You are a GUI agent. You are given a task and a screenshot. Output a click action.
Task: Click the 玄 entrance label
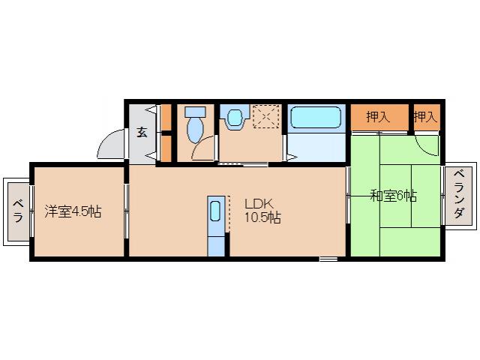pos(142,132)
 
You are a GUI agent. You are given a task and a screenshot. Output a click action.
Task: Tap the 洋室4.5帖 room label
pos(73,211)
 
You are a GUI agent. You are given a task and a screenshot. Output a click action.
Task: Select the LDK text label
pos(259,203)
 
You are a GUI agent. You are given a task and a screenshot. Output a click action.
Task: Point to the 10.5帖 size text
pos(262,217)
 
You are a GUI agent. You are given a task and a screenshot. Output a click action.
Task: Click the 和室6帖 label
pos(394,196)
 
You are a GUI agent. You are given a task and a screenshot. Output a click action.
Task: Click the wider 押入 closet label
pos(378,116)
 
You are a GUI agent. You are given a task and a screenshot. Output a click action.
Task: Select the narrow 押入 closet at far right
pos(425,116)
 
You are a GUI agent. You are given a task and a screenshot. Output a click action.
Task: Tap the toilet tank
pos(195,112)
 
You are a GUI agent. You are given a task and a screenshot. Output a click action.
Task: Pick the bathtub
pos(316,117)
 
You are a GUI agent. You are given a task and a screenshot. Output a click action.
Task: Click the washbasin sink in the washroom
pos(235,117)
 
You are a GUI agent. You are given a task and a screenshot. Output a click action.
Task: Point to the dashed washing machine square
pos(266,116)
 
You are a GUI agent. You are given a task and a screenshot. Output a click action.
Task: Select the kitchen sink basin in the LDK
pos(215,211)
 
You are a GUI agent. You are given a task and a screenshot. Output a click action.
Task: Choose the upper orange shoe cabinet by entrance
pos(166,118)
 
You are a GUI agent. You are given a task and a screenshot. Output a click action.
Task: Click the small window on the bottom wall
pos(328,259)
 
